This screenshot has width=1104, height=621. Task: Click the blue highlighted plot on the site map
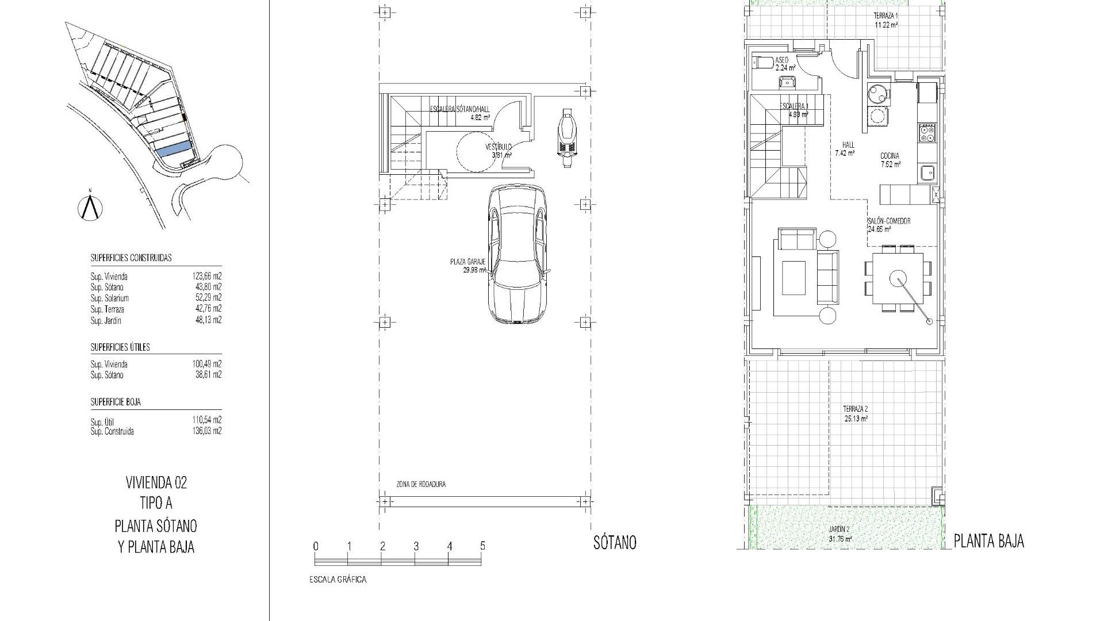coord(174,149)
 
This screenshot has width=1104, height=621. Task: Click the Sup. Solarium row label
coord(110,298)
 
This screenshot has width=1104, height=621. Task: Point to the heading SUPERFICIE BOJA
coord(116,402)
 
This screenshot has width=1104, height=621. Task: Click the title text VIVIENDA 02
coord(156,482)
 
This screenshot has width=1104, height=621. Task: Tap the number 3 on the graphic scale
coord(416,546)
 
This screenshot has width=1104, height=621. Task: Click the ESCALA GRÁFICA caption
coord(338,580)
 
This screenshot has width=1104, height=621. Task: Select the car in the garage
coord(517,254)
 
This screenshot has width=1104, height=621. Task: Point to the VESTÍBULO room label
coord(498,147)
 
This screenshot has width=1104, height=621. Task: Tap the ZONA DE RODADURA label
coord(421,485)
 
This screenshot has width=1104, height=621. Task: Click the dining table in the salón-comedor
coord(898,279)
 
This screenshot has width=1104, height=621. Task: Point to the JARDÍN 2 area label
coord(840,530)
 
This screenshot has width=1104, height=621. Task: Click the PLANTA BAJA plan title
coord(989,541)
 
